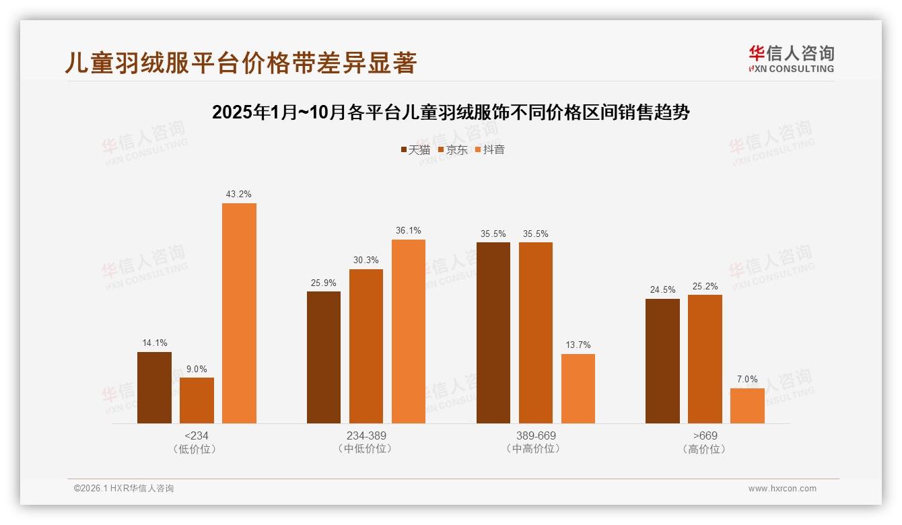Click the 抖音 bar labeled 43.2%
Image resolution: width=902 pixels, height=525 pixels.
239,313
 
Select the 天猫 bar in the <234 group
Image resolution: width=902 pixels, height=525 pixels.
154,388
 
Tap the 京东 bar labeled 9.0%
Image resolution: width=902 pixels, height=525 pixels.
197,400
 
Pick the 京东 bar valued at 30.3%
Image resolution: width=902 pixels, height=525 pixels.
366,346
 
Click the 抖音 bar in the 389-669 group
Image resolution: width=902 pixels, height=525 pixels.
578,388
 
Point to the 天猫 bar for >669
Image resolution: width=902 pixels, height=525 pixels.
662,361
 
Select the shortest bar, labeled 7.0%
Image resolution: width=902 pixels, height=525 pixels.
747,406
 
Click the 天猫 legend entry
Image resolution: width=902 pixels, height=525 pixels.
415,149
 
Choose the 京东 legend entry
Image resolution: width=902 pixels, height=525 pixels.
453,149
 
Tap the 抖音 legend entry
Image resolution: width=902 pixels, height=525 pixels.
490,149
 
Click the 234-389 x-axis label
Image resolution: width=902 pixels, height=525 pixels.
366,435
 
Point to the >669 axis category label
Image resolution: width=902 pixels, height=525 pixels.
705,435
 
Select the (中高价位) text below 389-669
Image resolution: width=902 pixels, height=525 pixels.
535,449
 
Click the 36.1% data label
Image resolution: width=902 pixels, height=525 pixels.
409,230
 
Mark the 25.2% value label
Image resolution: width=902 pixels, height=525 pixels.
705,286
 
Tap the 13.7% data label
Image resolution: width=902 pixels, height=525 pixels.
578,345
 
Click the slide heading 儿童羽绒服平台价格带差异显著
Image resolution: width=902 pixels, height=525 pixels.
241,63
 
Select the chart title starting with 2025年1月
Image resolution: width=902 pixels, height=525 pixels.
450,112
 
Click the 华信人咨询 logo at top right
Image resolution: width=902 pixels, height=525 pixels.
791,59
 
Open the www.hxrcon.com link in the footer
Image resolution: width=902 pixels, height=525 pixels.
782,489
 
